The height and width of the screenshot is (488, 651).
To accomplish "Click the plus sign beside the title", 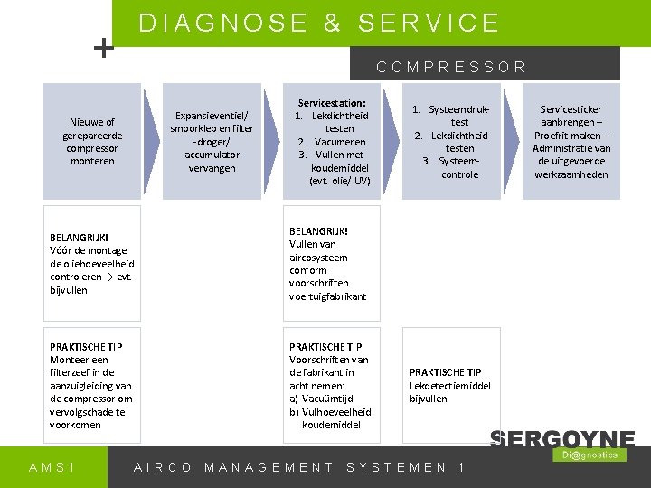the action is point(106,48).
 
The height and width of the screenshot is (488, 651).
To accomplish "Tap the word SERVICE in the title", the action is point(429,23).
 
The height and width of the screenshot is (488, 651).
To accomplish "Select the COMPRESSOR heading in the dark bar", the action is point(451,66).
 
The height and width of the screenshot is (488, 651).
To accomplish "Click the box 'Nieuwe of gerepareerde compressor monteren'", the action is point(91,141).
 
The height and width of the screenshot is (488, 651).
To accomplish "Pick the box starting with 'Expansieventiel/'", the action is point(212,141).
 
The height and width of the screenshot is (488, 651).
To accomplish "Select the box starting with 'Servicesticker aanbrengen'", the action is point(571,141).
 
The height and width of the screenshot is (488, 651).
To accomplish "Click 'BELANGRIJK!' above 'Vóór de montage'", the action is point(80,238).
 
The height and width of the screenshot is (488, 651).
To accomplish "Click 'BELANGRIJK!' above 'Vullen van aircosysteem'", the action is point(318,230).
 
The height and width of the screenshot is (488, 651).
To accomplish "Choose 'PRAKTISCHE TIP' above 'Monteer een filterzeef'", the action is point(86,346).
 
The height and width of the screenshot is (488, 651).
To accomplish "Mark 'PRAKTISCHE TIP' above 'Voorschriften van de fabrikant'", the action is point(325,346).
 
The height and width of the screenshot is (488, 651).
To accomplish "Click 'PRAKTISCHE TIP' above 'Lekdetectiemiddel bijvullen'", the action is point(445,372).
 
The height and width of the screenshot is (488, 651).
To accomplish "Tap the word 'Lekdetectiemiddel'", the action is point(450,385).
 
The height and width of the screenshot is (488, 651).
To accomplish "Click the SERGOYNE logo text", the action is point(561,439).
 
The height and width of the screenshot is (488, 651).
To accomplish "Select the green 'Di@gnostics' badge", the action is point(589,455).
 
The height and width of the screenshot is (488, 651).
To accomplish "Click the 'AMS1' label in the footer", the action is point(52,467).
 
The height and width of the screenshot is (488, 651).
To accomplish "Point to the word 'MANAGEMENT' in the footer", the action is point(269,467).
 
